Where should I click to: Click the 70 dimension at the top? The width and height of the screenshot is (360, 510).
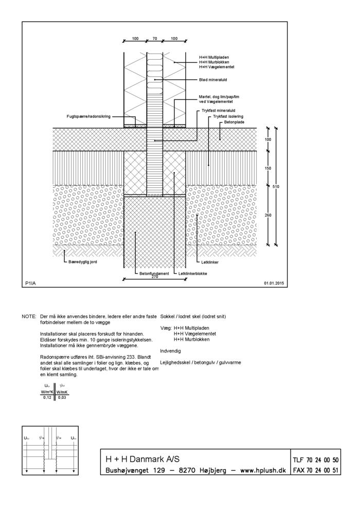tap(155, 39)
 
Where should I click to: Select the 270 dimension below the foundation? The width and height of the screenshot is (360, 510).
tap(155, 277)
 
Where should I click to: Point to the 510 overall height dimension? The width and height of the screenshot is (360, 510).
tap(276, 186)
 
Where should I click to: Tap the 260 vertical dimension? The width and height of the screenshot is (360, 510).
tap(268, 215)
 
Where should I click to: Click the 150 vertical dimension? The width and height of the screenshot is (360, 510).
tap(268, 168)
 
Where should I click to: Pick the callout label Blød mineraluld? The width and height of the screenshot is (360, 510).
tap(213, 80)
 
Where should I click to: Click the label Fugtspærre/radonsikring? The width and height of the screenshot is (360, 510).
tap(88, 116)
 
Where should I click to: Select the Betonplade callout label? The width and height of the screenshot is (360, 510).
tap(234, 122)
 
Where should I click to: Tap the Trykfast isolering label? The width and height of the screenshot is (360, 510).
tap(228, 116)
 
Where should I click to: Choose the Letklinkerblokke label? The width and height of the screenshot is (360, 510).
tap(193, 274)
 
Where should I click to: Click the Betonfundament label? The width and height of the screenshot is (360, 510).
tap(154, 274)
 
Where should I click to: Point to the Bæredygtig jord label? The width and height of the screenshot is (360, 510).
tap(82, 261)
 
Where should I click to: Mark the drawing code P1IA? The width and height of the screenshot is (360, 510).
tap(30, 283)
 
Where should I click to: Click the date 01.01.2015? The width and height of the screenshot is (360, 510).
tap(274, 283)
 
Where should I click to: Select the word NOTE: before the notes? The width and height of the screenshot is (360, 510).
tap(29, 316)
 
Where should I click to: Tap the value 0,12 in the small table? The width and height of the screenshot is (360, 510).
tap(47, 397)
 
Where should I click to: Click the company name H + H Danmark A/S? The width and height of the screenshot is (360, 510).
tap(142, 459)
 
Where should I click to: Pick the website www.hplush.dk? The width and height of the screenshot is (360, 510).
tap(263, 470)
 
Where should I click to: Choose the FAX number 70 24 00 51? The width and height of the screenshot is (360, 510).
tap(322, 470)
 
